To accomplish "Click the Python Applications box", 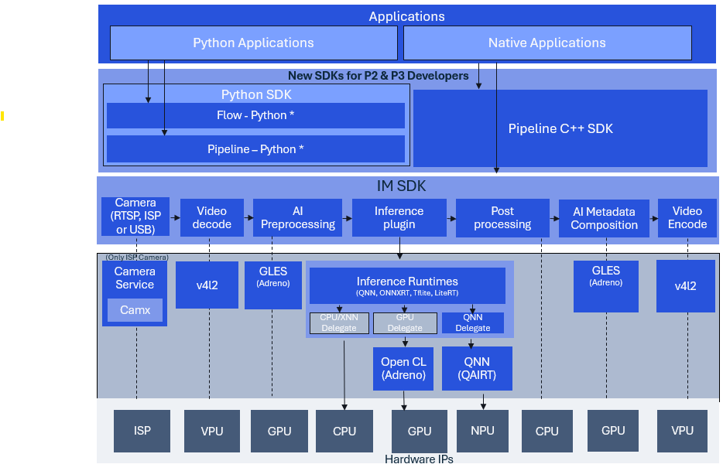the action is click(x=254, y=43).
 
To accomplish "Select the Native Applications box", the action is click(x=547, y=43).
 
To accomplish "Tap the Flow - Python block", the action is click(x=255, y=115).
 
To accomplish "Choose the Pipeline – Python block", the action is click(x=255, y=148).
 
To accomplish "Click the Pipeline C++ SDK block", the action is click(x=560, y=128).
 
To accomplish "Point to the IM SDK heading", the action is click(x=401, y=186).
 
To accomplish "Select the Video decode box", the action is click(x=211, y=217).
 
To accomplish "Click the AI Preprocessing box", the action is click(x=297, y=217).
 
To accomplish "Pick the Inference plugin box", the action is click(x=399, y=217).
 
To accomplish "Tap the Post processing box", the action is click(x=502, y=217).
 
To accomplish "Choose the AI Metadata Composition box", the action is click(x=604, y=218).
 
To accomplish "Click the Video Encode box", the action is click(x=687, y=217).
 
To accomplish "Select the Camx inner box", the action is click(x=135, y=310).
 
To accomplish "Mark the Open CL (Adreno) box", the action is click(x=403, y=369).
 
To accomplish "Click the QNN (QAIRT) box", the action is click(x=477, y=369).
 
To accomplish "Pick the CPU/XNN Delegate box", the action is click(x=339, y=323).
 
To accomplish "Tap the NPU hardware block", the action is click(x=482, y=431).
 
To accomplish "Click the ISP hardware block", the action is click(x=142, y=431).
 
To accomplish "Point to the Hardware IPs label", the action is click(x=419, y=459).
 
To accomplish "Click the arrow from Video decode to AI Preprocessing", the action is click(x=248, y=217).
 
